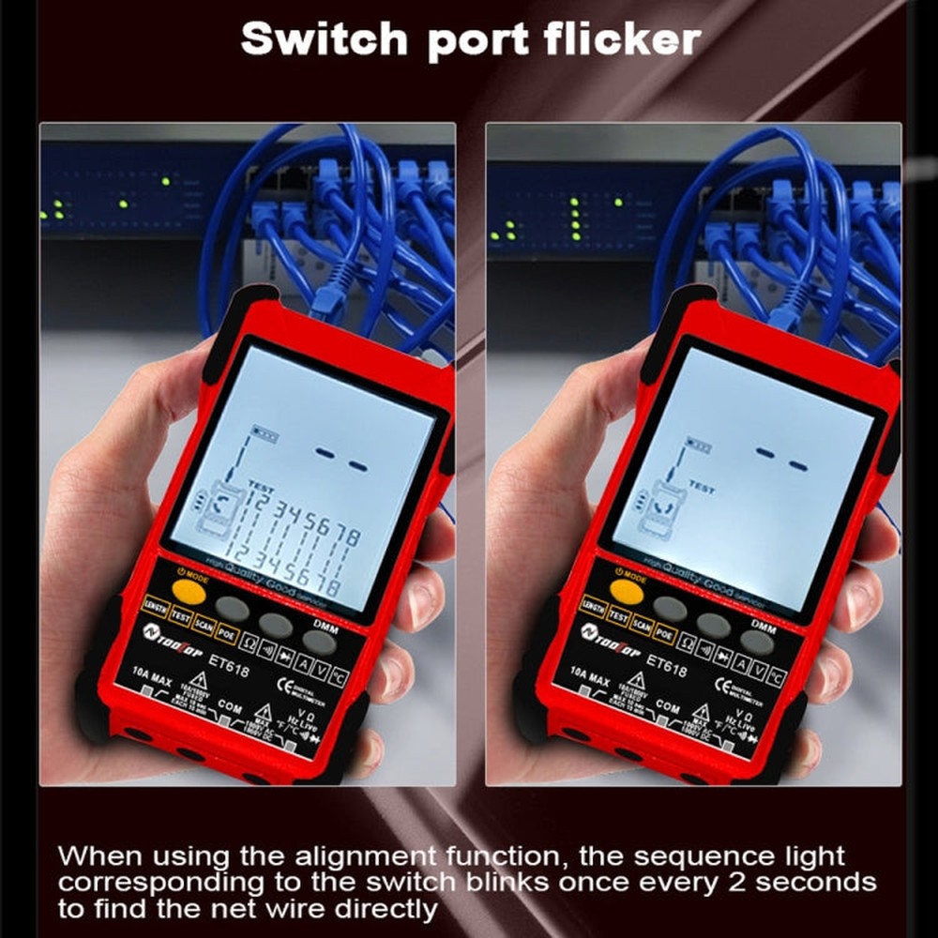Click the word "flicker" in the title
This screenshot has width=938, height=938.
tap(613, 39)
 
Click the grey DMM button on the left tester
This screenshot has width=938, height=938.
tap(319, 643)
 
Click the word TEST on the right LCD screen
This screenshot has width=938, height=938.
tap(701, 489)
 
